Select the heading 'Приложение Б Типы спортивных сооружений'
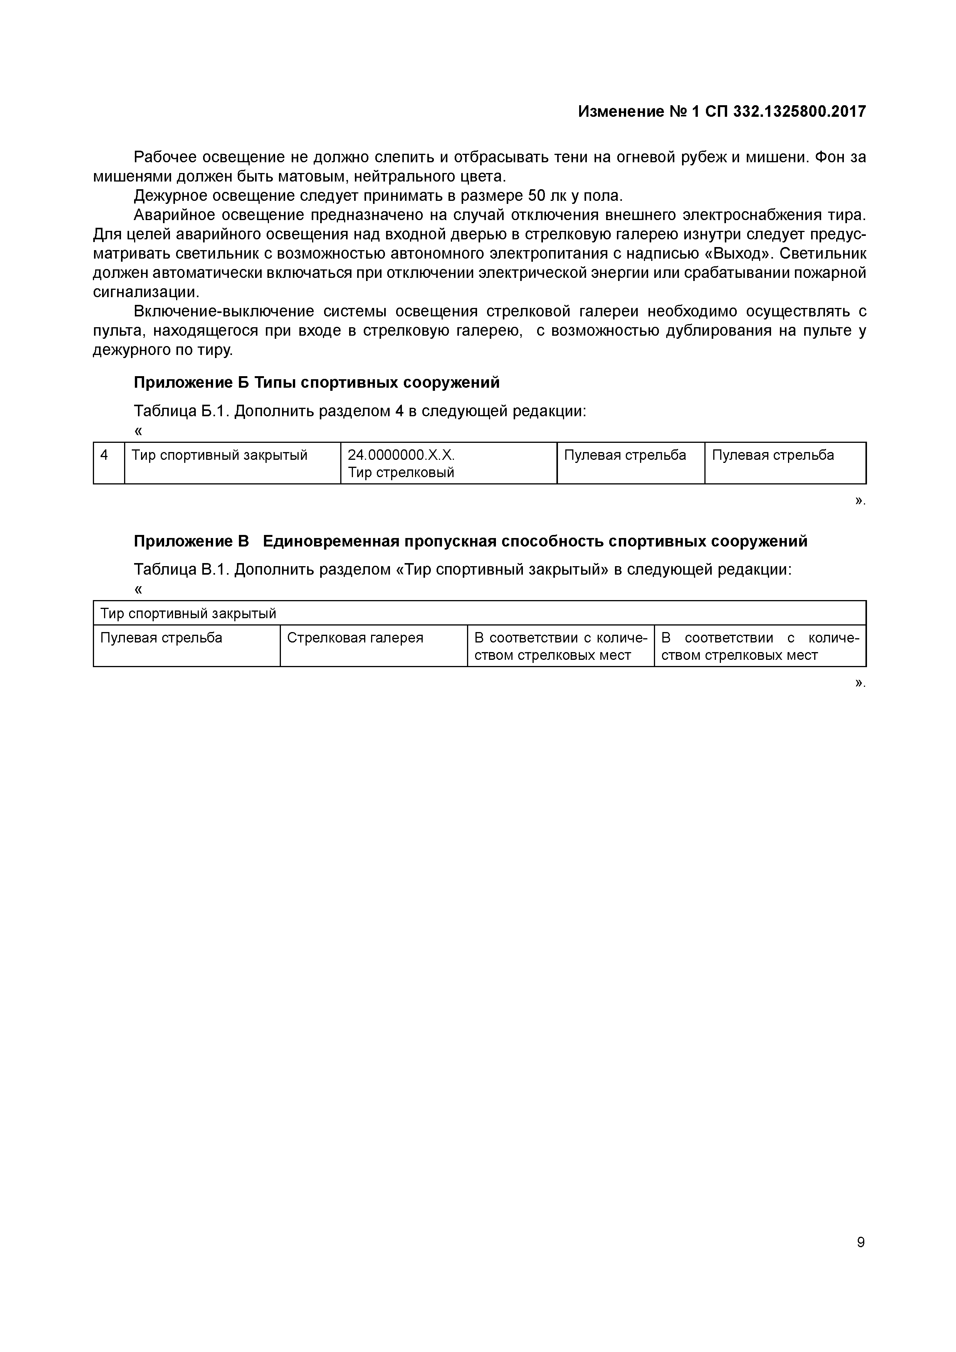317,383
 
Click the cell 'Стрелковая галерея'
355,638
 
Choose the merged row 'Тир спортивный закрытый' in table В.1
188,614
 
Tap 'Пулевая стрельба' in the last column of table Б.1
773,455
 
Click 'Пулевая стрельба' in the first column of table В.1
161,638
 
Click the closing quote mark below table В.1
859,683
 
